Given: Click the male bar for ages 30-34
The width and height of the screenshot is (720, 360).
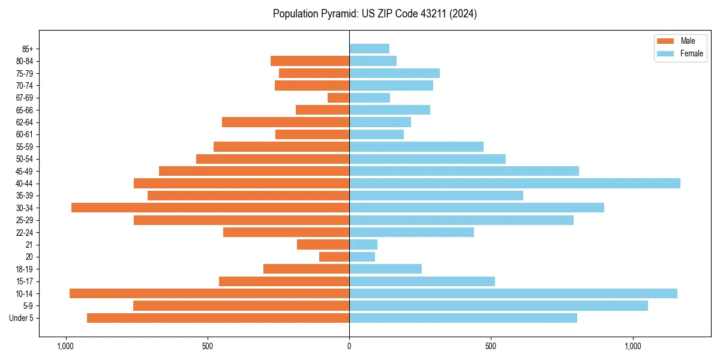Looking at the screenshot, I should tap(210, 208).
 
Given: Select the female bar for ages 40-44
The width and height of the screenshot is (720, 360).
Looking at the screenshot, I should tap(515, 183).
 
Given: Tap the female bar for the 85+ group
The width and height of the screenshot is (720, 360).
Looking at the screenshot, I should tap(369, 49).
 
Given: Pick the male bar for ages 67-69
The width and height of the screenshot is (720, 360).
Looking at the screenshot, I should tap(338, 98).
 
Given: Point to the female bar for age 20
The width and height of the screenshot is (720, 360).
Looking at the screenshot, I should tap(362, 257).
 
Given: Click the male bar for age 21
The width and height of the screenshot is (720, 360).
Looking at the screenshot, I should tap(323, 244).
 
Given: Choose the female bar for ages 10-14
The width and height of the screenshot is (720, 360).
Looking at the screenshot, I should tap(513, 293).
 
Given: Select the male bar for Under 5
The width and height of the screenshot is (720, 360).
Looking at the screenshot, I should tap(218, 318).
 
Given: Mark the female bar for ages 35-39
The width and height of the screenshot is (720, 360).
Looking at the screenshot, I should tap(436, 196).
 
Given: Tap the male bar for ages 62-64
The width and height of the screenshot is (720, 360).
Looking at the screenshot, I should tap(286, 122).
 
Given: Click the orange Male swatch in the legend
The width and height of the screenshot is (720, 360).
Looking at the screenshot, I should tap(665, 41).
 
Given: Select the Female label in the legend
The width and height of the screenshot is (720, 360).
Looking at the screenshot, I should tap(691, 53).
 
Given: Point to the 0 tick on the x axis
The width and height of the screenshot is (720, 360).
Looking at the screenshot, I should tap(349, 346).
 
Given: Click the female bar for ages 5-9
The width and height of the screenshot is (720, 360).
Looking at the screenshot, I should tap(499, 305).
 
